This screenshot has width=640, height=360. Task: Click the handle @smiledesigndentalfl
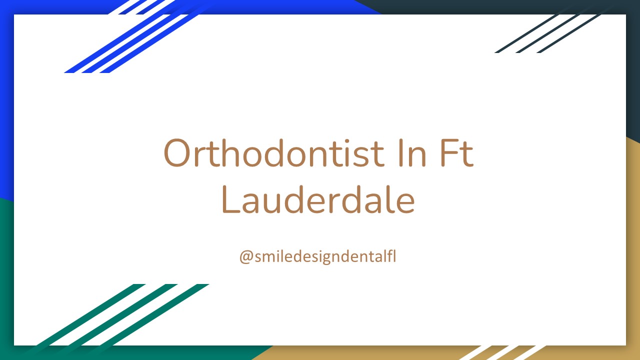(318, 256)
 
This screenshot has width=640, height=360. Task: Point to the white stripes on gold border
(500, 352)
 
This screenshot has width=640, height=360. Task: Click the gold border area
(633, 250)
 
